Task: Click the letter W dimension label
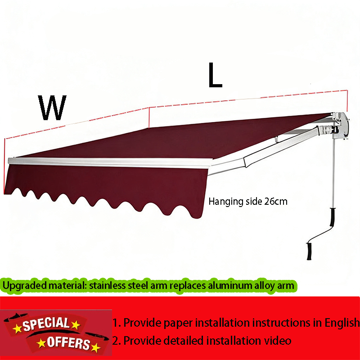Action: click(x=53, y=108)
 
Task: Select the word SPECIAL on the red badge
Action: click(x=46, y=324)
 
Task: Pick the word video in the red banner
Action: click(x=279, y=341)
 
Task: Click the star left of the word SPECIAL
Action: click(x=18, y=328)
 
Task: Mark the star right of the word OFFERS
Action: click(x=95, y=347)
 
